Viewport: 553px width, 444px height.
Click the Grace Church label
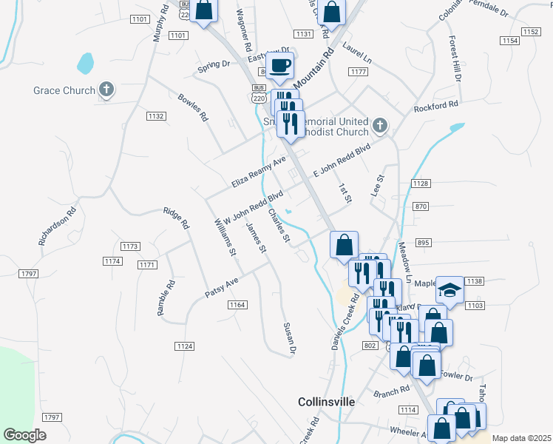[x=64, y=90]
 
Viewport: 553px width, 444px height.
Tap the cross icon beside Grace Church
[x=106, y=90]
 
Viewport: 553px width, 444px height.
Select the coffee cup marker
[x=279, y=66]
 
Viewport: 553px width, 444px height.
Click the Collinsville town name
[x=326, y=402]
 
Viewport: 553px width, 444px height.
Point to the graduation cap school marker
[x=449, y=289]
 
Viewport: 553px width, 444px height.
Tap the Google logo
[x=25, y=435]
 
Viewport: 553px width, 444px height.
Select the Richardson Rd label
[x=58, y=226]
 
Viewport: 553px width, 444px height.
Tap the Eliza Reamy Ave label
[x=258, y=172]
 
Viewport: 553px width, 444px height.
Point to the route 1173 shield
[x=130, y=246]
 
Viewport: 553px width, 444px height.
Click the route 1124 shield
[x=185, y=346]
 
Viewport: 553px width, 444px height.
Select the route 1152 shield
[x=530, y=31]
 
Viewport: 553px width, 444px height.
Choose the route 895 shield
[x=424, y=243]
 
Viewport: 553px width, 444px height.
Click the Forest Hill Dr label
[x=454, y=58]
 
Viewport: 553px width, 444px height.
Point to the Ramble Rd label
[x=166, y=298]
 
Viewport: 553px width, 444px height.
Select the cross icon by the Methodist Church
[x=380, y=125]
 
